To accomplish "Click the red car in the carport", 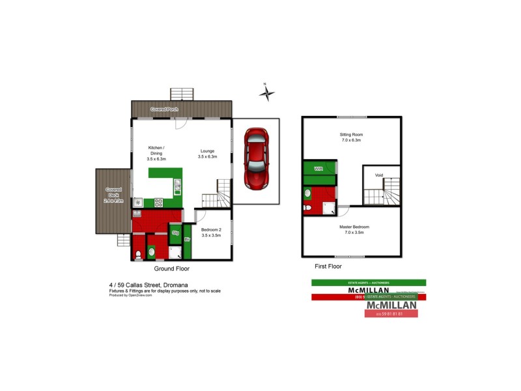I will (x=255, y=158).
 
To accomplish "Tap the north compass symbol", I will (x=266, y=93).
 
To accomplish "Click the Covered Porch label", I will (x=164, y=109).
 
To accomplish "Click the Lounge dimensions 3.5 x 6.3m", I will (x=207, y=157).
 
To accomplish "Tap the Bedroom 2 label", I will (x=211, y=230).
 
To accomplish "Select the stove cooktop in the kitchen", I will (x=158, y=203).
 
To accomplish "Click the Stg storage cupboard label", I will (x=175, y=233).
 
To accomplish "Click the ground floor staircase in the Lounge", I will (x=216, y=194).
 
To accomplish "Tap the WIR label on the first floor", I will (x=318, y=169).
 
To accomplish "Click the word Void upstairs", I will (x=378, y=175).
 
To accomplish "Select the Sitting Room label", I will (x=350, y=134).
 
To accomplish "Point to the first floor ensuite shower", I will (x=330, y=208).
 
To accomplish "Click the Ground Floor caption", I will (x=171, y=268).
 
